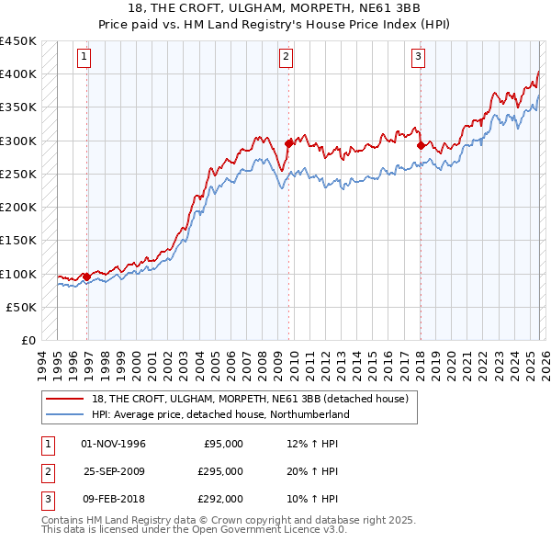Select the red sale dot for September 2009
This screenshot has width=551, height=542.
[288, 143]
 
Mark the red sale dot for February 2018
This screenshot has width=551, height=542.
[421, 145]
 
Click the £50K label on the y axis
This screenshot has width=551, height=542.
[22, 307]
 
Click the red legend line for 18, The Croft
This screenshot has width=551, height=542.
[66, 398]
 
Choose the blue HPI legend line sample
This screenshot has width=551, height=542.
[66, 414]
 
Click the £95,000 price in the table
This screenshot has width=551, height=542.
[223, 444]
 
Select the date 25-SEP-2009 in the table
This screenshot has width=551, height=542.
[114, 471]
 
